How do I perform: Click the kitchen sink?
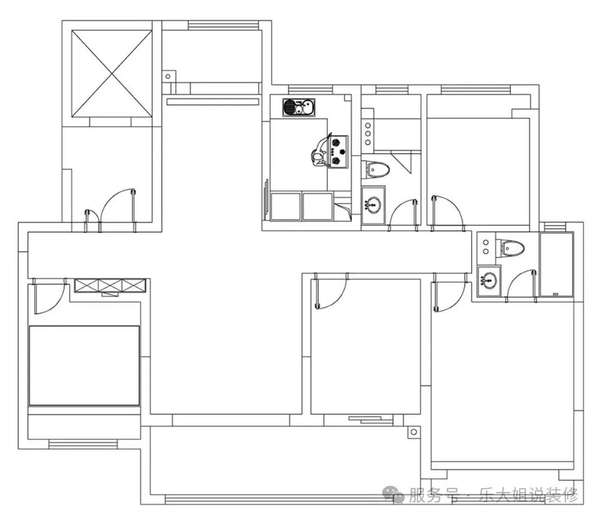[x=298, y=107]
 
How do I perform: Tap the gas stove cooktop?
[x=339, y=152]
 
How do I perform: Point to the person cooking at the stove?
[x=320, y=152]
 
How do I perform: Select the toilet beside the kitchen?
[x=376, y=169]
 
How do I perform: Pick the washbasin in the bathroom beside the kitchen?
[x=373, y=205]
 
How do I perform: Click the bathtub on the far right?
[x=556, y=265]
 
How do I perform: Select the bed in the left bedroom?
[x=84, y=366]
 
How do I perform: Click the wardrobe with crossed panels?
[x=110, y=285]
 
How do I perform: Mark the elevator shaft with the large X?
[x=112, y=74]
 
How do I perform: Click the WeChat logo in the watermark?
[x=394, y=495]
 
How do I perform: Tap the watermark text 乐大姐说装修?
[x=528, y=495]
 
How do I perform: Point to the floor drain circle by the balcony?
[x=414, y=432]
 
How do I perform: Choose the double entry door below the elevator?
[x=110, y=211]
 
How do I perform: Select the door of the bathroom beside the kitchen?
[x=403, y=215]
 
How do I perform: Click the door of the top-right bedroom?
[x=448, y=213]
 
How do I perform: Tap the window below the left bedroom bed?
[x=83, y=444]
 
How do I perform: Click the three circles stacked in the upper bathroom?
[x=368, y=134]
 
